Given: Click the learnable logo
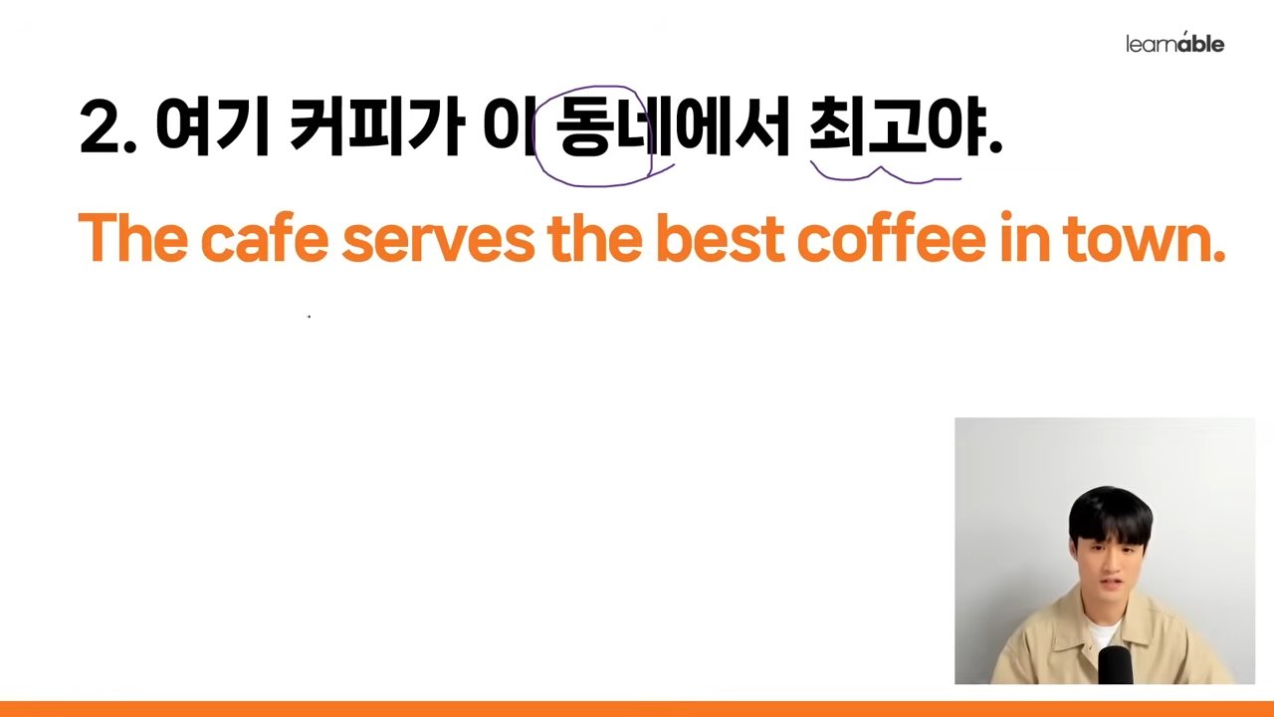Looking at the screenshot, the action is [1175, 43].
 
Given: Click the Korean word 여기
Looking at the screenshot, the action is [213, 126].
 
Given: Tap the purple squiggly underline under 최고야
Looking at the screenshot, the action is [885, 174].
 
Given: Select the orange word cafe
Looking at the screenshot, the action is [266, 237].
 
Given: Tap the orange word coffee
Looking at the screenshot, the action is [891, 237].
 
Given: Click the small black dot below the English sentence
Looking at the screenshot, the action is [309, 317].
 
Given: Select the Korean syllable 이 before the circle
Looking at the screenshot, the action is [508, 126].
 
